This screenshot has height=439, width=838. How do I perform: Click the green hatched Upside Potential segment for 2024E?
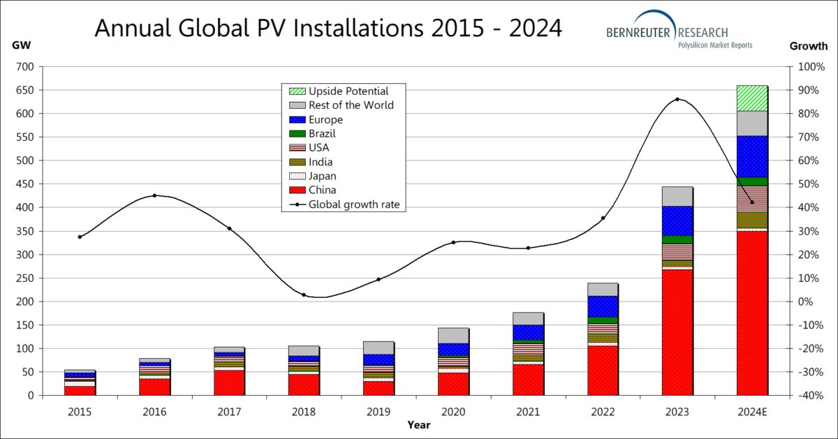(x=752, y=98)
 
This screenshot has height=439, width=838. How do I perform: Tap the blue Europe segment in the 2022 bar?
(x=603, y=306)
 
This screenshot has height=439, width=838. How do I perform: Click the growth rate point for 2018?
(x=304, y=295)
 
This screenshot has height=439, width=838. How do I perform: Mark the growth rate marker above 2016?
(x=154, y=195)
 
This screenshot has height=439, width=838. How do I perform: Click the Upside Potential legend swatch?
(x=297, y=91)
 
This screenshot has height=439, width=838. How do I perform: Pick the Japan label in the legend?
(x=323, y=176)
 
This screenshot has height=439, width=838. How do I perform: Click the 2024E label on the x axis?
(x=752, y=412)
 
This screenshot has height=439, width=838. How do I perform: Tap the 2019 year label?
(x=378, y=412)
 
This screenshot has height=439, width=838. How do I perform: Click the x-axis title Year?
(x=419, y=425)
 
